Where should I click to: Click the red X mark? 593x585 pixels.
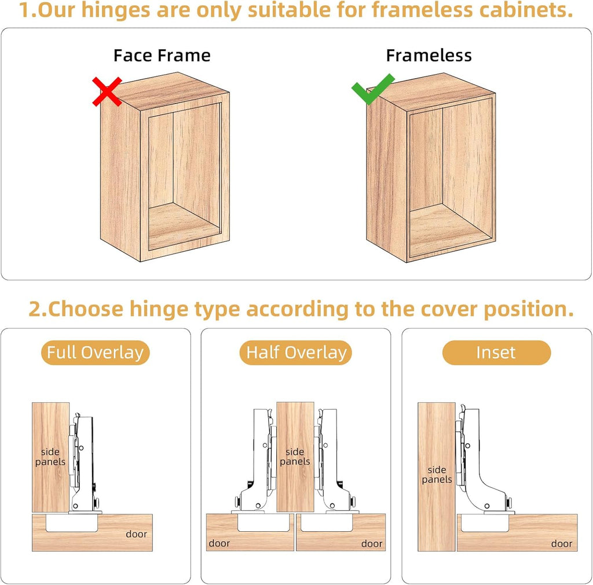(107, 91)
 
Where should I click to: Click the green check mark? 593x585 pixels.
(372, 89)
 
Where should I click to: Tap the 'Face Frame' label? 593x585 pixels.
(162, 56)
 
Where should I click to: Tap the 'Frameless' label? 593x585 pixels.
(429, 56)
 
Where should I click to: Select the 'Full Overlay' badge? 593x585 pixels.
(95, 352)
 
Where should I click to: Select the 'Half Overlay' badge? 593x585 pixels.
(296, 352)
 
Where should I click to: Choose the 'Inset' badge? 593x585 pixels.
(496, 352)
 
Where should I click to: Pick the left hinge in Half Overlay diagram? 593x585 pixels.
(258, 463)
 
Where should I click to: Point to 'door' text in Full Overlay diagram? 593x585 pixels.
(136, 534)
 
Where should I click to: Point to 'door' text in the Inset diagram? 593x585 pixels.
(561, 543)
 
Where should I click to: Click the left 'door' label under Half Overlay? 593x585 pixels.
(219, 543)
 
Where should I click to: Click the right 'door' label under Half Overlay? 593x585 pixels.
(372, 543)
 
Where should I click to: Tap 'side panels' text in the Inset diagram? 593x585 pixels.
(437, 475)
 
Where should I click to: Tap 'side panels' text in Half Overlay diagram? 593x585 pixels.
(295, 457)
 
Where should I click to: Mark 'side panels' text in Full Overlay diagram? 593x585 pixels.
(50, 457)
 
